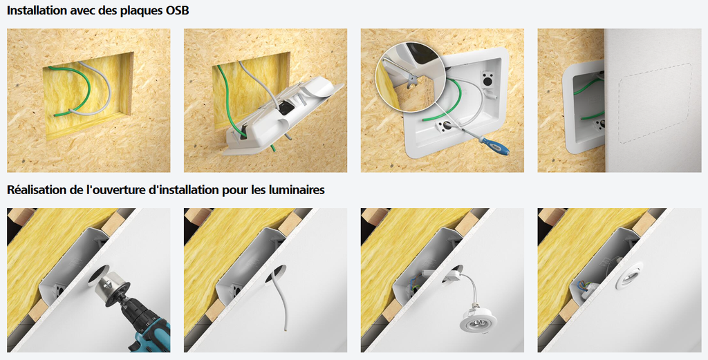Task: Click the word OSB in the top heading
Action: click(175, 10)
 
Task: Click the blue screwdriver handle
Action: click(494, 146)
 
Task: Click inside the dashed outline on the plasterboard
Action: click(653, 102)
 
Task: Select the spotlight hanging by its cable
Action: click(478, 319)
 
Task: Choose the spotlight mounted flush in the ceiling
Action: click(631, 275)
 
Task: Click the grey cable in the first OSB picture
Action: click(104, 83)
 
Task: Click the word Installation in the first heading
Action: click(35, 10)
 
